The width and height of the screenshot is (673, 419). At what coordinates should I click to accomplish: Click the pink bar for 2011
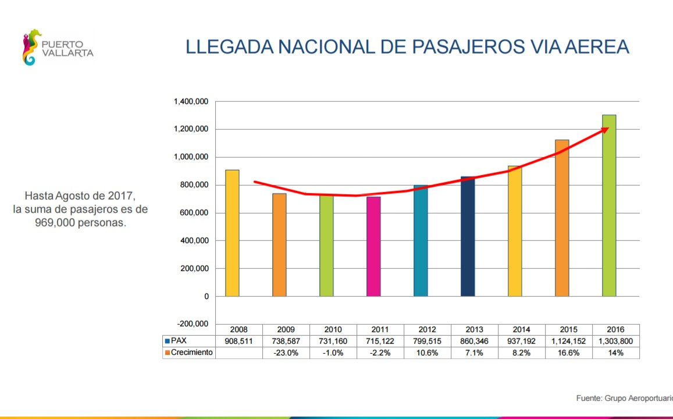[x=373, y=247]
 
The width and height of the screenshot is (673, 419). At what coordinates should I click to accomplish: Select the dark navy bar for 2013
[x=468, y=236]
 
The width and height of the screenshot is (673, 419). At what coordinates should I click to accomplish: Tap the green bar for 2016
[x=608, y=205]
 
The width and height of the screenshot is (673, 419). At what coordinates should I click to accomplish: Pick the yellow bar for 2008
[x=232, y=233]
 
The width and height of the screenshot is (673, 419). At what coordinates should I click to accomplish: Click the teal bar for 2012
[x=421, y=240]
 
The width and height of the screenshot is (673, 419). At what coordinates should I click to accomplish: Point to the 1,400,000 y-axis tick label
[x=191, y=102]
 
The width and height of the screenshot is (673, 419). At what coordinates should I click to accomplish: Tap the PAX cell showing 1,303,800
[x=616, y=341]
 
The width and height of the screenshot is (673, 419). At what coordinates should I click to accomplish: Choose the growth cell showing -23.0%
[x=286, y=353]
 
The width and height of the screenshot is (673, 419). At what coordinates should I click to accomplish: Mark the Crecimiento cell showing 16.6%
[x=569, y=353]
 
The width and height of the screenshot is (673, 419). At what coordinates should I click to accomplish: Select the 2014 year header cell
[x=522, y=329]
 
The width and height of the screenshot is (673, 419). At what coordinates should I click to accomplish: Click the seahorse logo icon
[x=31, y=47]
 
